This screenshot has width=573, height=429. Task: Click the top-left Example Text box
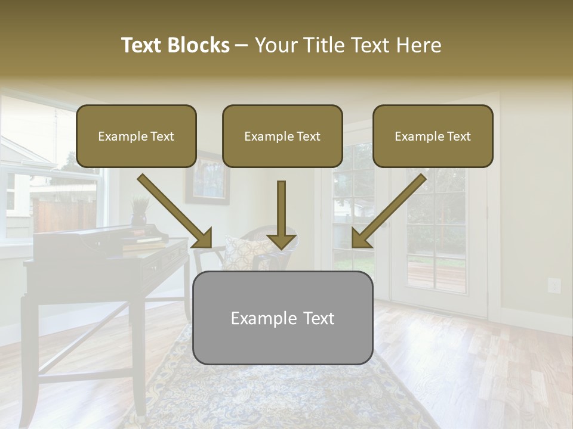[x=136, y=136]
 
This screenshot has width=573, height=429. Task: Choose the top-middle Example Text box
[x=282, y=136]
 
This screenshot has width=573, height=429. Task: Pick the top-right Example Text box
[x=433, y=136]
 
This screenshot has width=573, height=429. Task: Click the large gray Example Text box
[x=282, y=318]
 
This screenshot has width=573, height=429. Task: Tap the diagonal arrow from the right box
[x=389, y=211]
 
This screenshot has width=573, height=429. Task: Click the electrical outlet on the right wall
[x=554, y=286]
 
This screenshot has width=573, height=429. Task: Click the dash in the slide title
[x=242, y=46]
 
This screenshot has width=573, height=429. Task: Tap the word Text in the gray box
[x=313, y=318]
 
